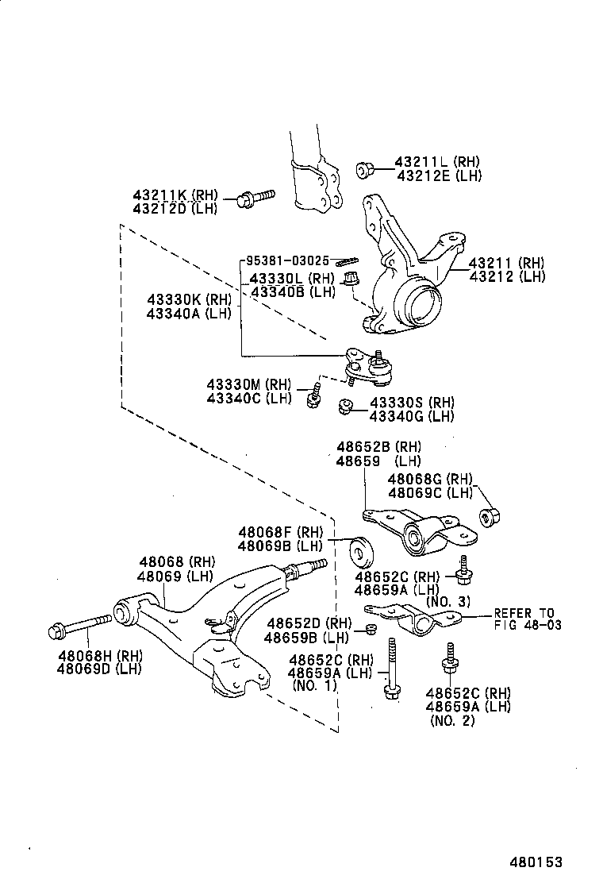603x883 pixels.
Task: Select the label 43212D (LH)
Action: click(x=175, y=208)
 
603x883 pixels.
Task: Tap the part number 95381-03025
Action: click(x=286, y=260)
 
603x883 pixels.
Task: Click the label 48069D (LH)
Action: click(x=99, y=669)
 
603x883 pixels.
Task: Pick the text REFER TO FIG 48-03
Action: click(x=528, y=619)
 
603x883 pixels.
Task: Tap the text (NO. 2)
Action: click(x=452, y=721)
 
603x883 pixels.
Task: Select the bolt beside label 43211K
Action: click(x=255, y=197)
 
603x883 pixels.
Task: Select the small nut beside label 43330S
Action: click(x=344, y=407)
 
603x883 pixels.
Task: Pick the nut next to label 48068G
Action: click(x=488, y=517)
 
